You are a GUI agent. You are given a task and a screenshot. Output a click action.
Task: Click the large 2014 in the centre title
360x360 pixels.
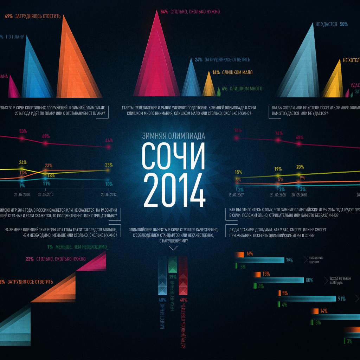click(x=173, y=191)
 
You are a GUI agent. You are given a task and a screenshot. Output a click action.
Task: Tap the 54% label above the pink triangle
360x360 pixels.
click(x=164, y=12)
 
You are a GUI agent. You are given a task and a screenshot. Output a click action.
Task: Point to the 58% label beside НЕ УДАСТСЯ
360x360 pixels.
click(x=343, y=24)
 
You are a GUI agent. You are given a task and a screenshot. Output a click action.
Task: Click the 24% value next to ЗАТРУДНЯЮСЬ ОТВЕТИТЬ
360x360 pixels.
click(x=198, y=60)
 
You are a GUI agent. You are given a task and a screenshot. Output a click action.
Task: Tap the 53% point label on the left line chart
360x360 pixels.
click(x=23, y=131)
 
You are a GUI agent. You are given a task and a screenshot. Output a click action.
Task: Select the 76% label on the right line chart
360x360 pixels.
click(x=238, y=130)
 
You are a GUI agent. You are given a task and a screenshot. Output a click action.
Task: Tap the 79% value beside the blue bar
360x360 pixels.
click(x=289, y=261)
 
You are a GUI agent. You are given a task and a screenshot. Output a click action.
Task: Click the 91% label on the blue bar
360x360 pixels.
click(x=341, y=299)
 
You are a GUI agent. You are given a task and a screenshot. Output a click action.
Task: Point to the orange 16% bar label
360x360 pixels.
click(x=250, y=254)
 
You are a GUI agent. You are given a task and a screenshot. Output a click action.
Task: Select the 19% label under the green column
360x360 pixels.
click(x=173, y=277)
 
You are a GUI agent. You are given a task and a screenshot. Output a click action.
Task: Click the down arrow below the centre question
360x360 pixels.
click(x=173, y=248)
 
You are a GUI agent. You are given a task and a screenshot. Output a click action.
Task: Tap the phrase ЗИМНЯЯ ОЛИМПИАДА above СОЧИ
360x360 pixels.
click(x=173, y=136)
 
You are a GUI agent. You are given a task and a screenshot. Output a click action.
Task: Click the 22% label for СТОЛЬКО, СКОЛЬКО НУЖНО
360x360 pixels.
click(x=30, y=259)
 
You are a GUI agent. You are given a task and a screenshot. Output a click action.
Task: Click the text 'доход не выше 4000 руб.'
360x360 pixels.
click(x=336, y=280)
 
